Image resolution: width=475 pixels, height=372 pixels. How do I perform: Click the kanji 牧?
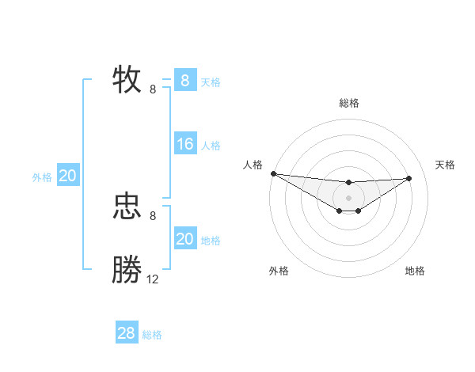pyautogui.click(x=127, y=79)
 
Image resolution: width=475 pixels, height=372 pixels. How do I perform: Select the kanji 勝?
pyautogui.click(x=127, y=270)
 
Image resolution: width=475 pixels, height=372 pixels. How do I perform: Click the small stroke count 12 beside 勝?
pyautogui.click(x=153, y=279)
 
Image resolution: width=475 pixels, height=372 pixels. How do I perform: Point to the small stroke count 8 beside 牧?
pyautogui.click(x=153, y=89)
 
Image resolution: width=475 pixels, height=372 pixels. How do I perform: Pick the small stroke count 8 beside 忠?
pyautogui.click(x=153, y=215)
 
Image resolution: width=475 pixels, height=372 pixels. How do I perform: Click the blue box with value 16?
pyautogui.click(x=184, y=144)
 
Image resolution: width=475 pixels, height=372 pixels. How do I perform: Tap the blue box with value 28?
pyautogui.click(x=126, y=333)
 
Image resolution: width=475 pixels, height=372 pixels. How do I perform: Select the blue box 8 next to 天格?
pyautogui.click(x=184, y=81)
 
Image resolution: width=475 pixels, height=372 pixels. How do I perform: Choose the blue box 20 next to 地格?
pyautogui.click(x=184, y=239)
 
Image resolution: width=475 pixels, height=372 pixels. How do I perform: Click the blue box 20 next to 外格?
pyautogui.click(x=67, y=176)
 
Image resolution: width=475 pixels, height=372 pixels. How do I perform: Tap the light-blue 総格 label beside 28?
pyautogui.click(x=152, y=335)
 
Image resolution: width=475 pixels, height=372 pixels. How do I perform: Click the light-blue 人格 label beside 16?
pyautogui.click(x=211, y=146)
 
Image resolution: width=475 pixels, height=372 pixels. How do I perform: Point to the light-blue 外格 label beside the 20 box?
pyautogui.click(x=42, y=177)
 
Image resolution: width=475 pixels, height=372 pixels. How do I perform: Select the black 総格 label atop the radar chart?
pyautogui.click(x=349, y=103)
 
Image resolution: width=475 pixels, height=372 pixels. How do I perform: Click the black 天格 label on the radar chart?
pyautogui.click(x=446, y=165)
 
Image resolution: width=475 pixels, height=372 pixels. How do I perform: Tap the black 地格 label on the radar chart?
pyautogui.click(x=415, y=271)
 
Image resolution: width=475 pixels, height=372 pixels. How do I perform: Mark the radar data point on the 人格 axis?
pyautogui.click(x=273, y=173)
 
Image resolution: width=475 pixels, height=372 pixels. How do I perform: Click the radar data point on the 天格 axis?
pyautogui.click(x=408, y=178)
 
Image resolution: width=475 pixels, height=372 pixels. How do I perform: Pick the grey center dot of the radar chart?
pyautogui.click(x=349, y=197)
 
